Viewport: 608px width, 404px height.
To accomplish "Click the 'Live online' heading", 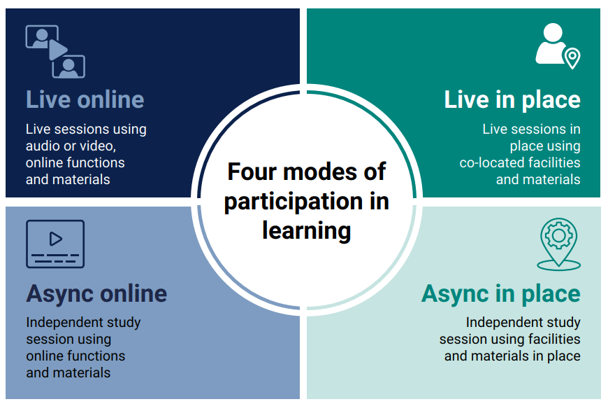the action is pyautogui.click(x=85, y=100).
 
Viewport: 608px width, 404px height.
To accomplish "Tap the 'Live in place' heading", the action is pyautogui.click(x=512, y=100).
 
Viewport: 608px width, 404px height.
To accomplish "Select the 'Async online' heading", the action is pyautogui.click(x=96, y=294).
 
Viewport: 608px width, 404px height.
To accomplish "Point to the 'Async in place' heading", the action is pyautogui.click(x=501, y=294).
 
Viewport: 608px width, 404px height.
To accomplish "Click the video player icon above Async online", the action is pyautogui.click(x=55, y=244).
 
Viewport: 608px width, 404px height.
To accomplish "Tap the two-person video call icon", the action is pyautogui.click(x=55, y=52).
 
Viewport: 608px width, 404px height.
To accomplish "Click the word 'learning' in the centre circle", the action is pyautogui.click(x=307, y=231).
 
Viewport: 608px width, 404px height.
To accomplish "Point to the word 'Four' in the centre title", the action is pyautogui.click(x=252, y=172).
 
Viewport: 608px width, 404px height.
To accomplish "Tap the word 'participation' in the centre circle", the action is pyautogui.click(x=289, y=202).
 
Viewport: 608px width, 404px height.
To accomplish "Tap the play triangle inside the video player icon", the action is pyautogui.click(x=55, y=239).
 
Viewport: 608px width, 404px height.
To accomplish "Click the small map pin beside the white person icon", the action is pyautogui.click(x=572, y=58).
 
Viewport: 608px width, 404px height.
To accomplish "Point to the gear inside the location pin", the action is pyautogui.click(x=559, y=235).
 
